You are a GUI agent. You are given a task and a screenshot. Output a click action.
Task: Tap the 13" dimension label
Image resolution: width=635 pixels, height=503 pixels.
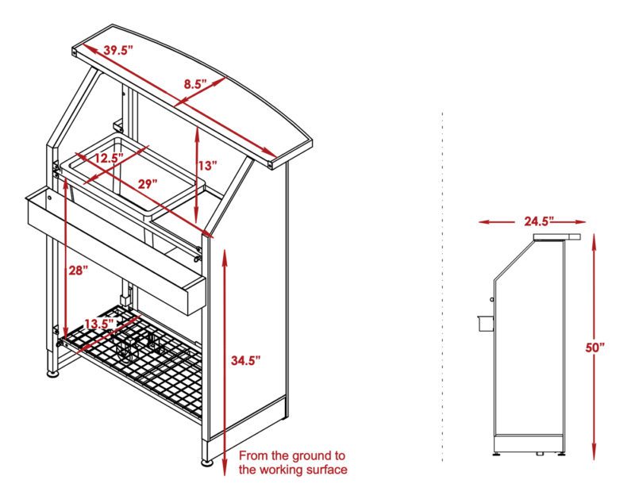point(207,166)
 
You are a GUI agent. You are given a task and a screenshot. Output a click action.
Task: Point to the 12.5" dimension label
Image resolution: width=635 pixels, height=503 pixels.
point(106,158)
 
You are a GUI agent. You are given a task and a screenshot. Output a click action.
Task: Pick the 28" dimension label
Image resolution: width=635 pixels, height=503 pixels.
point(78,271)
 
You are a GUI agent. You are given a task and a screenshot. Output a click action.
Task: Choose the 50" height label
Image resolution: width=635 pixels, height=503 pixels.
point(595,347)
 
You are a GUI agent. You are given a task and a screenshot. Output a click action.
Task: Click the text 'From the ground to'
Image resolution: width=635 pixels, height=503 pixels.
point(292,455)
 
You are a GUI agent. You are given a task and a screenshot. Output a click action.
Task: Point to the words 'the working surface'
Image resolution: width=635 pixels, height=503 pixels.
point(293,470)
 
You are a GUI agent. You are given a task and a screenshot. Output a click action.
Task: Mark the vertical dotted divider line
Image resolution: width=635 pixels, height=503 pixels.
point(441,286)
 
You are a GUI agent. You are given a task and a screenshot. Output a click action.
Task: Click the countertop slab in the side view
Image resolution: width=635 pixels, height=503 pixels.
point(557,236)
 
